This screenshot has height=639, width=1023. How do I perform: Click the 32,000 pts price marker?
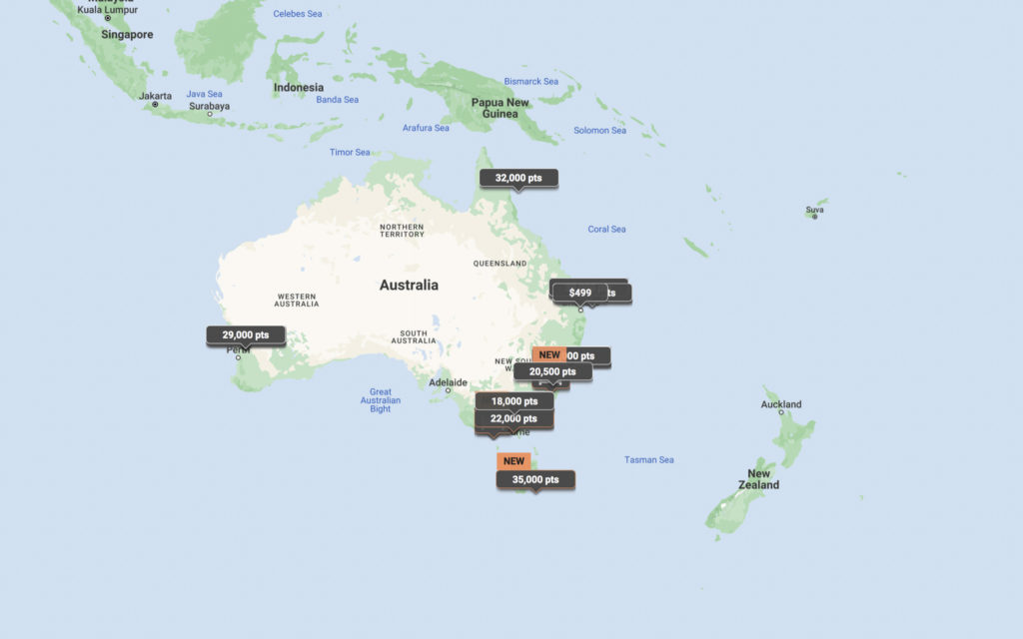(x=518, y=178)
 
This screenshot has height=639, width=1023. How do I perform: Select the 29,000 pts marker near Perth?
(x=246, y=335)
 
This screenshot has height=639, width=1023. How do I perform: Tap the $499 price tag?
(x=580, y=293)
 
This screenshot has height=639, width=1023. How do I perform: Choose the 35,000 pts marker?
(x=535, y=480)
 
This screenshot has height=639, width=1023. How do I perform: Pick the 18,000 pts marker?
(x=514, y=401)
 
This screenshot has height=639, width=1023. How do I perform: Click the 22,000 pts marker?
(x=514, y=419)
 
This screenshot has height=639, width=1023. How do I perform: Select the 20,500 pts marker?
(x=552, y=371)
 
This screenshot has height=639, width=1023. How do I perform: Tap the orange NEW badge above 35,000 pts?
(x=513, y=461)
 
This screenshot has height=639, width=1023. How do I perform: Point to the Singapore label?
(x=127, y=35)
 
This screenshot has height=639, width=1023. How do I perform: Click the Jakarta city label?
(x=155, y=96)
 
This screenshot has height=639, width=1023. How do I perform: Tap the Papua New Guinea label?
(x=501, y=108)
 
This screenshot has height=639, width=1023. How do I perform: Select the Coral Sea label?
(x=606, y=230)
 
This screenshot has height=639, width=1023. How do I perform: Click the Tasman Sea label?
(x=649, y=460)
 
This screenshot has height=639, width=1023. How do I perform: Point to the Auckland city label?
(x=781, y=404)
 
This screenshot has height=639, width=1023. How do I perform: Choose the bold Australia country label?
(x=409, y=286)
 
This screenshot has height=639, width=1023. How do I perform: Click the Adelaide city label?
(x=448, y=382)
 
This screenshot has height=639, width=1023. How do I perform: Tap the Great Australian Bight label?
(x=381, y=400)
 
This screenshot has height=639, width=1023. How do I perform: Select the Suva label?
(x=815, y=210)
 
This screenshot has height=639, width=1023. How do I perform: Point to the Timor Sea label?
(x=350, y=153)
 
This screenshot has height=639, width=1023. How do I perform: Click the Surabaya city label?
(x=210, y=106)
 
